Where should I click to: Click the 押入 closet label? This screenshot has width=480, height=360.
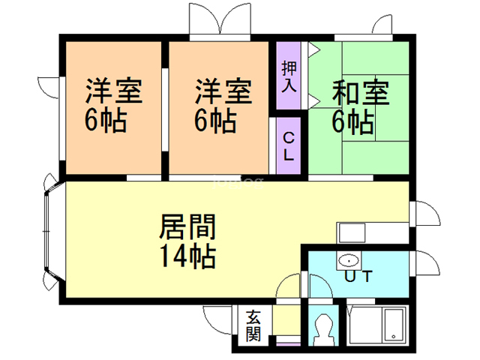pos(289,76)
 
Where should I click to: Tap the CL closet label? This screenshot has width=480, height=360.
pos(289,146)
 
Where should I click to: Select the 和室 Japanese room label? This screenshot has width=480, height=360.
pos(361,92)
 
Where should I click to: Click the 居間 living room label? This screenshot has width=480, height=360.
pos(187,226)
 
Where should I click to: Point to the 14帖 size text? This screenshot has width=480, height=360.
pos(187,256)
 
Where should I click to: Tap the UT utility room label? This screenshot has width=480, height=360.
pos(358,276)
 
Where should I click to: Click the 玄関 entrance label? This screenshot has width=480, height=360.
pos(253,325)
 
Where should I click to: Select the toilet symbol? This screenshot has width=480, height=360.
pos(323,330)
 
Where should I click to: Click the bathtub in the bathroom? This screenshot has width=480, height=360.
pos(394,325)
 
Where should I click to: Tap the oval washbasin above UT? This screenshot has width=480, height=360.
pos(349,261)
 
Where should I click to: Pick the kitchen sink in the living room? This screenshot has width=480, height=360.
pos(352,233)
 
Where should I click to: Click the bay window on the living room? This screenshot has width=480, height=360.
pos(49,232)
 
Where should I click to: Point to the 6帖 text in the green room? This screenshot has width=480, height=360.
pos(352,121)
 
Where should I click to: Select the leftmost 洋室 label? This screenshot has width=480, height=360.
pos(114,91)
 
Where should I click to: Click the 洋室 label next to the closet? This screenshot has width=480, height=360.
pos(223,91)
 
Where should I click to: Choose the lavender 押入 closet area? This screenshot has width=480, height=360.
pos(288,75)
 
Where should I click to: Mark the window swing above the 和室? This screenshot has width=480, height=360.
pos(382,25)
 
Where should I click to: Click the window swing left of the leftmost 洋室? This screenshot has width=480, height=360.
pos(48,88)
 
